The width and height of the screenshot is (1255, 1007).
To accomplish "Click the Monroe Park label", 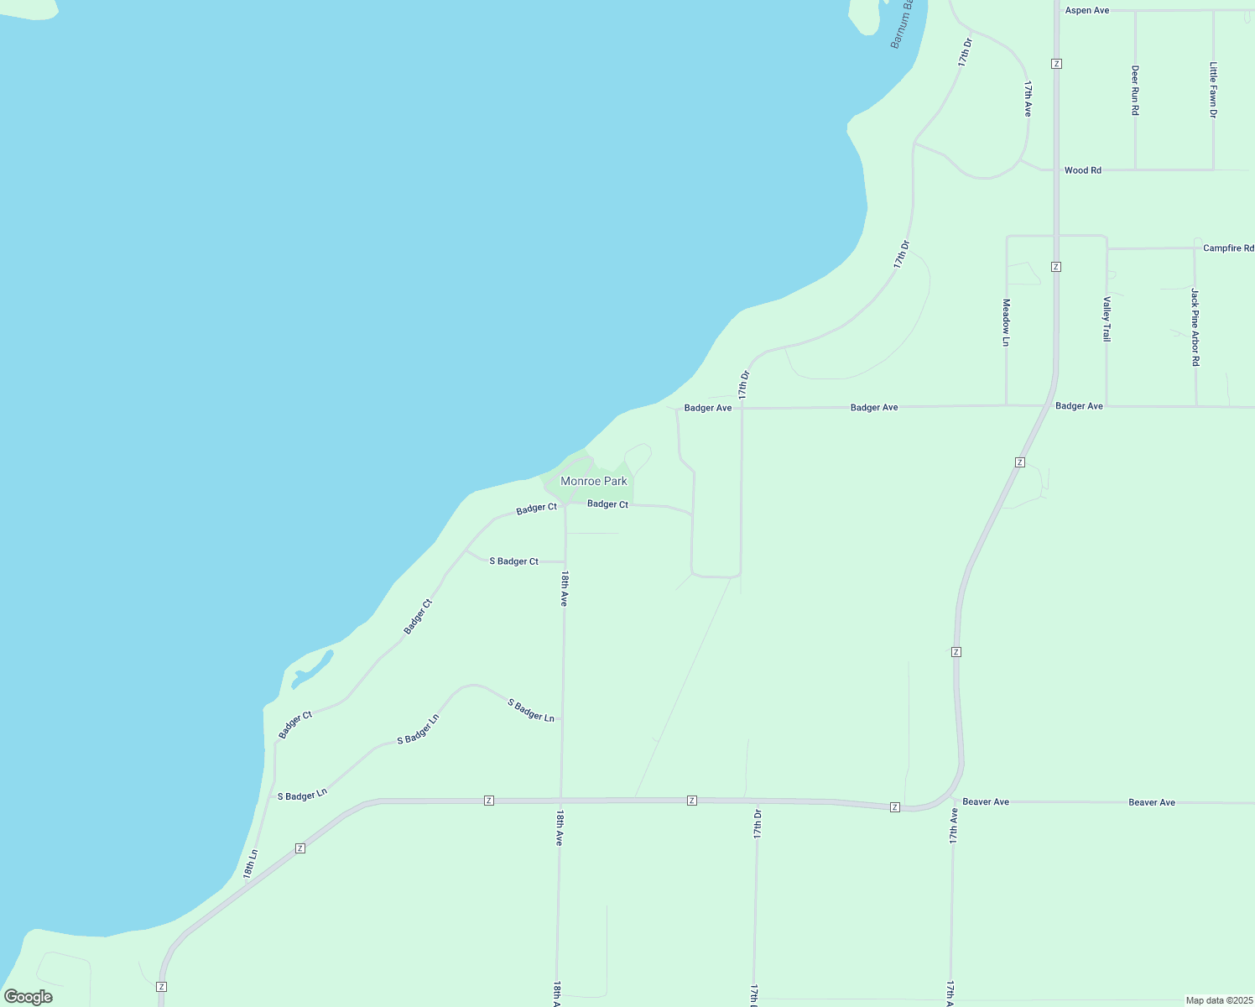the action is (x=593, y=482).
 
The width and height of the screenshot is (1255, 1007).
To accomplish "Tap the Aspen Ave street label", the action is (x=1086, y=11).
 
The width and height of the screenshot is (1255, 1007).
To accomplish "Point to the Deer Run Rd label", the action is (x=1135, y=91).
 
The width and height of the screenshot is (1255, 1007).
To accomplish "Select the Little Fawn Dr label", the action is (x=1213, y=90).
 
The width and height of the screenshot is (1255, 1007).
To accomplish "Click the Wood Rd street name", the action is (x=1082, y=170).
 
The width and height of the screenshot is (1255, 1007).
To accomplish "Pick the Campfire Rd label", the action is (x=1228, y=248).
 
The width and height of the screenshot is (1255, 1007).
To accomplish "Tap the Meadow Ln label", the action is (x=1006, y=322).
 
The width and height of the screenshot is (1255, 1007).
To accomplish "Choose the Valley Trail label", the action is (x=1107, y=319).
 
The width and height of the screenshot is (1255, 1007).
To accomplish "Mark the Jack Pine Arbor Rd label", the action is (x=1195, y=326).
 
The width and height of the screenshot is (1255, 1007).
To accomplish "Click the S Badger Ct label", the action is (x=513, y=561).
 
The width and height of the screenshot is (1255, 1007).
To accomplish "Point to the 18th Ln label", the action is (x=251, y=864).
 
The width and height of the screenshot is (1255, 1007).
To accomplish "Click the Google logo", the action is (x=28, y=997).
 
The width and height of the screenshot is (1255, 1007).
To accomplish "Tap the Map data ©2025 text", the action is (x=1218, y=1000).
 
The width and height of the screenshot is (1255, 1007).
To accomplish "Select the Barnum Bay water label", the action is (x=903, y=23).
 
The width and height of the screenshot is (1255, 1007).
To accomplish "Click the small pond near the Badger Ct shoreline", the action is (x=312, y=669).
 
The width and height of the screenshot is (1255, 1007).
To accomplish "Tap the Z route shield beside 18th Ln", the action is (x=299, y=848).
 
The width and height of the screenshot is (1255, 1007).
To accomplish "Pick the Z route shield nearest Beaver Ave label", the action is (x=895, y=807).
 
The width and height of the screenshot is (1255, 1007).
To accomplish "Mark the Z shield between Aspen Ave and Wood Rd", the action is (x=1056, y=64).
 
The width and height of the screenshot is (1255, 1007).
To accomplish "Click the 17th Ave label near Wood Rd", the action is (x=1028, y=98).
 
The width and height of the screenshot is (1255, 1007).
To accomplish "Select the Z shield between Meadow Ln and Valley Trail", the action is (x=1056, y=267).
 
